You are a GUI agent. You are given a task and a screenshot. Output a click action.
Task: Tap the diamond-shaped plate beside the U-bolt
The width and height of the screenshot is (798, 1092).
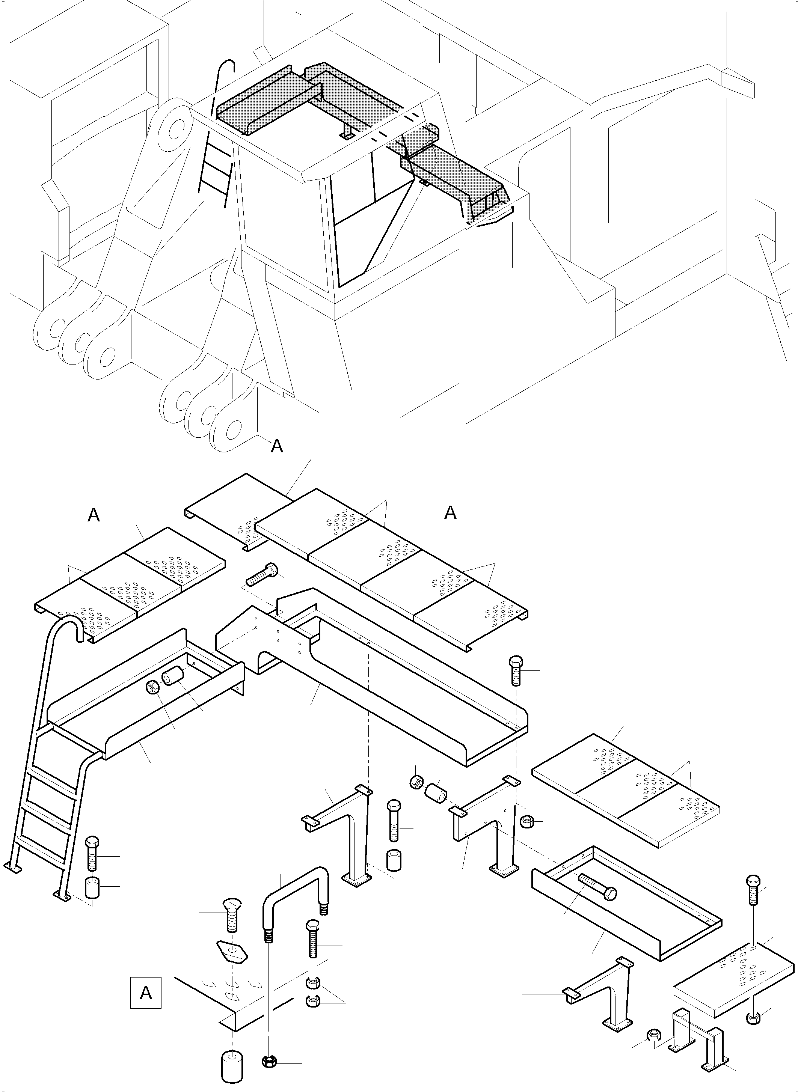232,950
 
